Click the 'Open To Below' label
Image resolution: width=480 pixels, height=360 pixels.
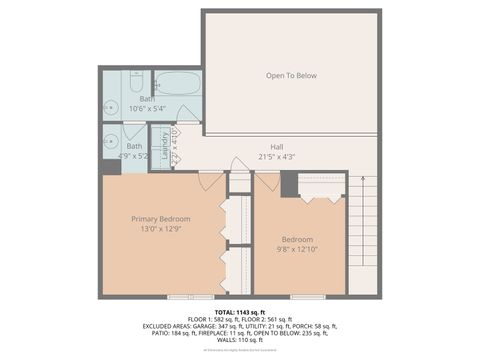click(291, 76)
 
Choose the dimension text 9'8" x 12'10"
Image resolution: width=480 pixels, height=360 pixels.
click(297, 250)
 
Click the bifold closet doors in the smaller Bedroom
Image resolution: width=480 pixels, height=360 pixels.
click(322, 197)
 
